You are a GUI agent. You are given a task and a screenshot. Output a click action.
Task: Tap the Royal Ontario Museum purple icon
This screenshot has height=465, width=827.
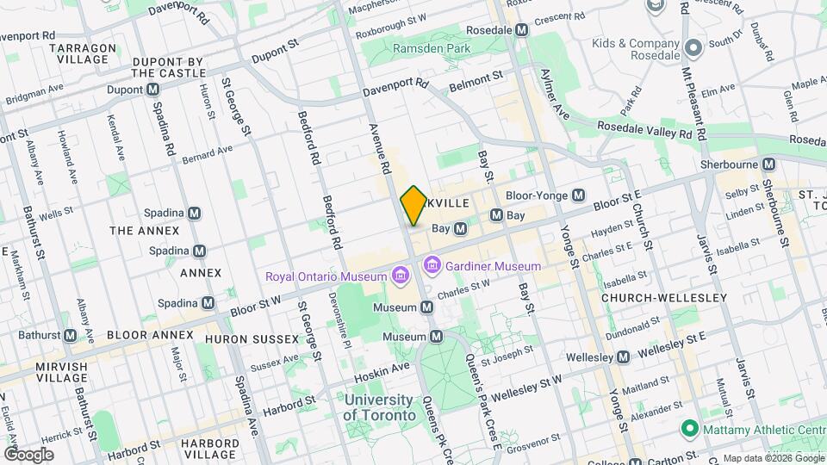click(400, 276)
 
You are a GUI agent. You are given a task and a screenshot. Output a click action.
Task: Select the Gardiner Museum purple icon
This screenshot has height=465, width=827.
click(432, 266)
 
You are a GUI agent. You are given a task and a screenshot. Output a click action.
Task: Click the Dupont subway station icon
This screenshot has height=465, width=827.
click(152, 90)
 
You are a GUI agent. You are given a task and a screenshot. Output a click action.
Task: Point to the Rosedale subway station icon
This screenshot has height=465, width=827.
click(521, 29)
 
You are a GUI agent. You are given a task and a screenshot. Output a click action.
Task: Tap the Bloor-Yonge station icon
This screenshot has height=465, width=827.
click(579, 195)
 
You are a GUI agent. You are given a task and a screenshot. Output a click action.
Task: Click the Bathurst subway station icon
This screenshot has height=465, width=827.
click(70, 335)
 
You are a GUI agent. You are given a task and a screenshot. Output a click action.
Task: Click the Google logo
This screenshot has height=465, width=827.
click(28, 454)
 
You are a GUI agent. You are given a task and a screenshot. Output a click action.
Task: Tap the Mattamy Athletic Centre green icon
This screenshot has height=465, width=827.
click(688, 428)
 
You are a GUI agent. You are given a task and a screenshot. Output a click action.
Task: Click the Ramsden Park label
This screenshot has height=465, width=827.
click(432, 49)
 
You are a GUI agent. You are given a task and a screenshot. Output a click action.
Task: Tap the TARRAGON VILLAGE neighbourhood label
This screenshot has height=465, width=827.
click(79, 53)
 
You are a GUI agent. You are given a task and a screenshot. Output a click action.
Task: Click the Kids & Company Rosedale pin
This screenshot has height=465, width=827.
click(693, 45)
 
